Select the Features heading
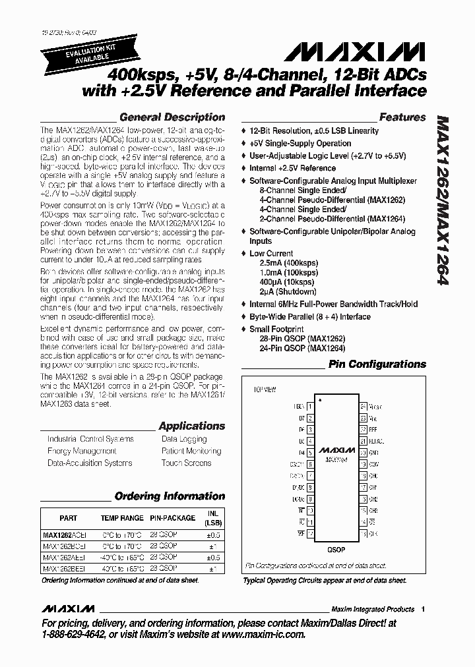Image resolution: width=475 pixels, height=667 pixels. click(402, 117)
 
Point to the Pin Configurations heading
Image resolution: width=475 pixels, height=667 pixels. click(377, 364)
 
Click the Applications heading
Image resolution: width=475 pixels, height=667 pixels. click(191, 426)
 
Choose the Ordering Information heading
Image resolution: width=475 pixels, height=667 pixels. click(170, 496)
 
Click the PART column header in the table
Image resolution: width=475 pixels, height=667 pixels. click(68, 518)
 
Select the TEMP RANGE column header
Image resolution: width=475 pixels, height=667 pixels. click(121, 518)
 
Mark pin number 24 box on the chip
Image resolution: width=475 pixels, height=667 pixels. click(363, 407)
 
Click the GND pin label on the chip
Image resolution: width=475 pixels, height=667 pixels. click(373, 453)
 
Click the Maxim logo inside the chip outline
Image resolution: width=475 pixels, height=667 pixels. click(336, 450)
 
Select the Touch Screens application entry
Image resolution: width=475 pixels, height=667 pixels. click(186, 463)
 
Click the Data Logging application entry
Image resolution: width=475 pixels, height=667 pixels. click(184, 439)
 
